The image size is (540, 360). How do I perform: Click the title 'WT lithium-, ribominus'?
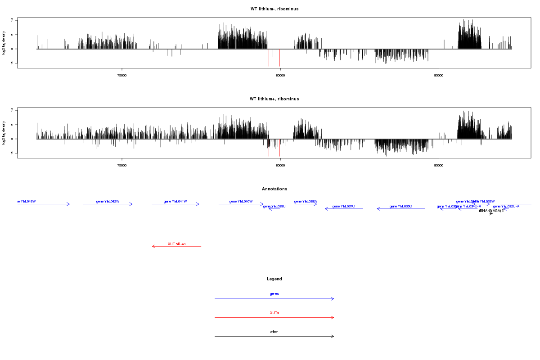point(274,9)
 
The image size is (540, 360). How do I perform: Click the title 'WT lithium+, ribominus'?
point(274,99)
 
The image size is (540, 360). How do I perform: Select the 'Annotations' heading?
point(274,189)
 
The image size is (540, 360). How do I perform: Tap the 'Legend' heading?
point(274,279)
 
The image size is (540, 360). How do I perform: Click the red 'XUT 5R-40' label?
point(176,244)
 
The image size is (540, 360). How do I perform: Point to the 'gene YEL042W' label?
point(108,201)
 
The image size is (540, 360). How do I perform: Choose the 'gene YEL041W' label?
point(175,201)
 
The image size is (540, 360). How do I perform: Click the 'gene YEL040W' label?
point(241,201)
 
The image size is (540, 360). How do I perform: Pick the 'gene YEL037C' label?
point(343,206)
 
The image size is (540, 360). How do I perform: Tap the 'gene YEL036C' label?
point(400,206)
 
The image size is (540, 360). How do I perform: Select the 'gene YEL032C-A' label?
point(506,206)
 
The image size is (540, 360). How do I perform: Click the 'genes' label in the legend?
point(274,293)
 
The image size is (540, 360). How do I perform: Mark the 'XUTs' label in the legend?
point(274,312)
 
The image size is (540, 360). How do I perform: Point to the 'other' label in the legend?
point(274,332)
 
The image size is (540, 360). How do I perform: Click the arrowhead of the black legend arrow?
point(333,336)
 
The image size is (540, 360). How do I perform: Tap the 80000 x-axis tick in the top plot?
point(280,75)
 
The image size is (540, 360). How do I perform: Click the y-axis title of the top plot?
point(4,43)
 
